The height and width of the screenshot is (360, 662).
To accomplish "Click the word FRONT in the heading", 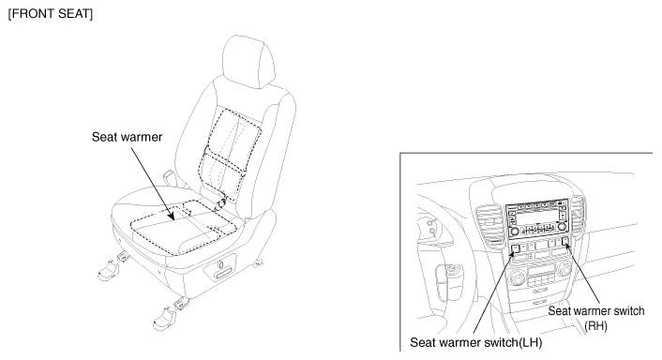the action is [x=33, y=13].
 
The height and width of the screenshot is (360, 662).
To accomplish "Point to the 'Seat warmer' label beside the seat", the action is [x=128, y=137].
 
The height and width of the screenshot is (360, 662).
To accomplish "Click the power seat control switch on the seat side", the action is [x=220, y=270].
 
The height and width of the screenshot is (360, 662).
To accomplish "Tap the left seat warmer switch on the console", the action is [x=515, y=247].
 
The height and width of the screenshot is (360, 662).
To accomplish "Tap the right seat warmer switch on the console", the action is [x=565, y=242].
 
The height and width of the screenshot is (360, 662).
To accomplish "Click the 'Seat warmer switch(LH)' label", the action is [x=475, y=342].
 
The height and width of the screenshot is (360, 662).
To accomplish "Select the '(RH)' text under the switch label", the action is [x=596, y=325].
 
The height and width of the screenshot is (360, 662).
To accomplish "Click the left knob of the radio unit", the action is [x=514, y=232].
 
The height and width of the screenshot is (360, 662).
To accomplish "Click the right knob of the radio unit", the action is [x=562, y=227].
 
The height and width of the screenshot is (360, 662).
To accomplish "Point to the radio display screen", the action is [x=537, y=217].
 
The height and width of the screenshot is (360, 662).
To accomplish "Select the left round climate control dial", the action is [x=518, y=277].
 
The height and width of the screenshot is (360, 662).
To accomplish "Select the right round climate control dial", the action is [x=564, y=269].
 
